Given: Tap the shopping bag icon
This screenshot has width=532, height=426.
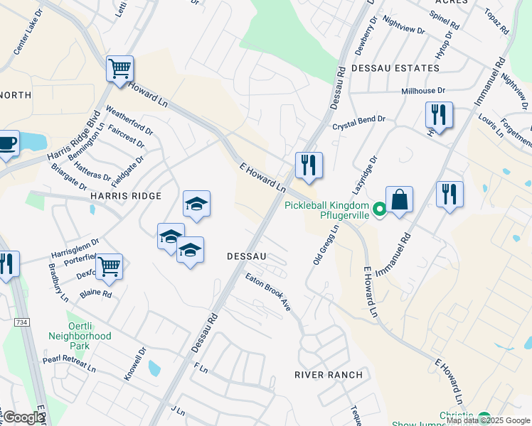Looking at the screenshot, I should (400, 200).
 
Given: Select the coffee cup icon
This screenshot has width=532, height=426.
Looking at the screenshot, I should (7, 144).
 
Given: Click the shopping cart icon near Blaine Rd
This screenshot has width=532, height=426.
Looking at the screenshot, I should (109, 267).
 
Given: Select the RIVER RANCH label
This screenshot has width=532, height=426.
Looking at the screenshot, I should (329, 374).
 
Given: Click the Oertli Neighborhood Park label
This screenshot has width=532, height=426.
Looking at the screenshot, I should (80, 335).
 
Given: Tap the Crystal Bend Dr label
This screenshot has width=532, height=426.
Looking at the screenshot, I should (358, 123).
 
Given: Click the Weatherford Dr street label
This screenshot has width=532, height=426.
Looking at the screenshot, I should (129, 120).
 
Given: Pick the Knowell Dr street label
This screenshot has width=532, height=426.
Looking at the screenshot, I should (134, 363).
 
